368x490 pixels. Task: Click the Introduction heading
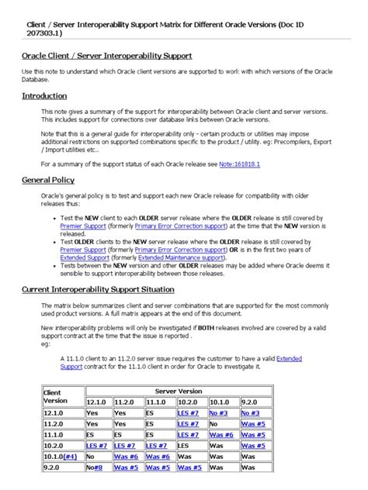[44, 96]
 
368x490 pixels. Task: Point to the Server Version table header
[179, 392]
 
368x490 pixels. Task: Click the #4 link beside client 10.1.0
[70, 457]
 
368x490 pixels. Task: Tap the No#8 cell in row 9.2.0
[94, 468]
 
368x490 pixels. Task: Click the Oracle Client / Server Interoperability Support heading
[105, 56]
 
